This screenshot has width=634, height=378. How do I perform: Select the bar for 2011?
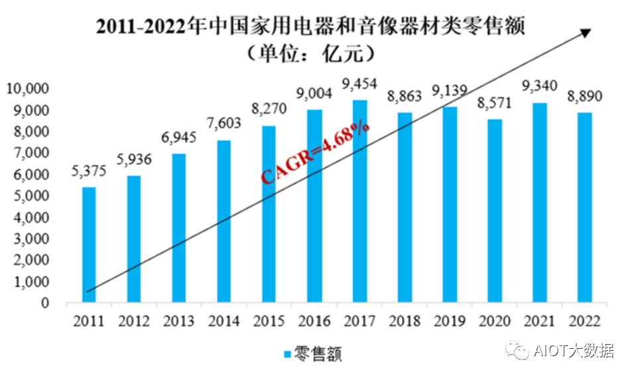89,245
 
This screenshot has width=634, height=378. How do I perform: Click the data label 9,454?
359,84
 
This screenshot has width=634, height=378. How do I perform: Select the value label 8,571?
495,103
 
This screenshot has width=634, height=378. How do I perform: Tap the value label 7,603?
224,124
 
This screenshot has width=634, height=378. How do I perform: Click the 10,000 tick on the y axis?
28,88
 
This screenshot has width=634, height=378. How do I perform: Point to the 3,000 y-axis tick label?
32,239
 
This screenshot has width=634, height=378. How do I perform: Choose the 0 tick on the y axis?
45,303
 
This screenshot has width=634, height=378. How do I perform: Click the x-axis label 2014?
224,322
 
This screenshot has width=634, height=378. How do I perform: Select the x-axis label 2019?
450,322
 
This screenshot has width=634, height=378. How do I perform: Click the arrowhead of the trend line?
586,31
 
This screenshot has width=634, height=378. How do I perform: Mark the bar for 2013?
179,228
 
